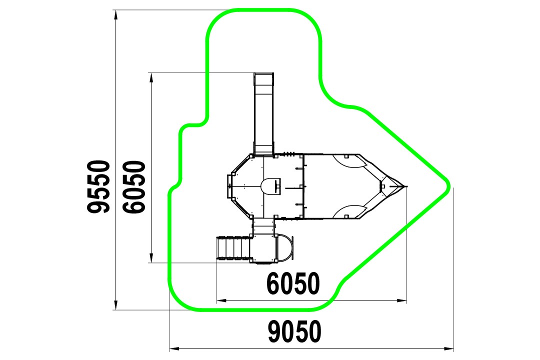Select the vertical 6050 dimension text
(x=134, y=186)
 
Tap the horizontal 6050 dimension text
(x=293, y=283)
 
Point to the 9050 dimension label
(x=294, y=331)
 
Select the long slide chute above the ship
(x=264, y=113)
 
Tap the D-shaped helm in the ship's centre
(x=270, y=186)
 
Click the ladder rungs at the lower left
(x=233, y=247)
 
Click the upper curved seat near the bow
(x=348, y=162)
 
